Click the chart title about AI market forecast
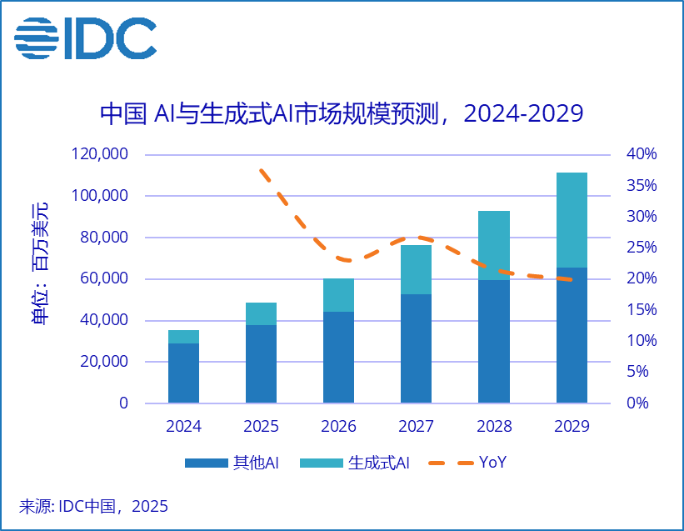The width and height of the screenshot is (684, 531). pos(341,113)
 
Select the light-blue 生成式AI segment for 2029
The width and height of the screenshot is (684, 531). pos(572,220)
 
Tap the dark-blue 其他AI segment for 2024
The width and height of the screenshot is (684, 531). pos(183,373)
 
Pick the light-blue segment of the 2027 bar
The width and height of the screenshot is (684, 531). pos(416,269)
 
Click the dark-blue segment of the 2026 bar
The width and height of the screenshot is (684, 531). pos(338,357)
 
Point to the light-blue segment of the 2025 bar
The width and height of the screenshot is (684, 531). pos(261,313)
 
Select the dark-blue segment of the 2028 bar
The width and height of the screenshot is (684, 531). pos(494,341)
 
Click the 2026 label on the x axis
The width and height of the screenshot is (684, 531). pos(338,427)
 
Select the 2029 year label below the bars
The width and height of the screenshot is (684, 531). pos(572,427)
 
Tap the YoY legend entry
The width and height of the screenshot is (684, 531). pos(475,463)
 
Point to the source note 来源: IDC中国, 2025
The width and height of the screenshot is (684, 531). pos(93,506)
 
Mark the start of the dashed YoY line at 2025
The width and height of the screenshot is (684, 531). pos(262,170)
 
